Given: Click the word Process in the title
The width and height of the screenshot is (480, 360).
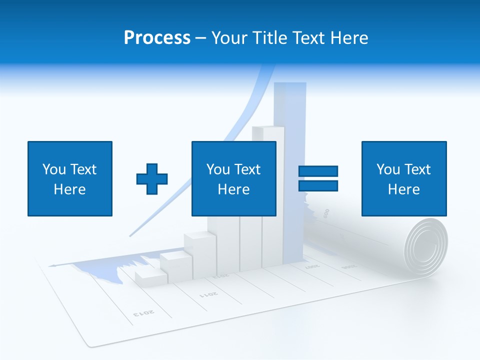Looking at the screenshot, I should [157, 38].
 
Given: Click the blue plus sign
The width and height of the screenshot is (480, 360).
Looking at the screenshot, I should [152, 178].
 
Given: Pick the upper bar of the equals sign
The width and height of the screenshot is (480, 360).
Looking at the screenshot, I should [318, 171].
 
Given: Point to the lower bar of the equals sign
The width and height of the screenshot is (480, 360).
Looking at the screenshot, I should [318, 185].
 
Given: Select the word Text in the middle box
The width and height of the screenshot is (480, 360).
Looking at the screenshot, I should [248, 169].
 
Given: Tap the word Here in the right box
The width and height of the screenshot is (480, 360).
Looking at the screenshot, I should [403, 189].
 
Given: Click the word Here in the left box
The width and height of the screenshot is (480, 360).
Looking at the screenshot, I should [69, 189].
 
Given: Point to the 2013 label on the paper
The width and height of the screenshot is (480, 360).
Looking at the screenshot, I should [144, 313].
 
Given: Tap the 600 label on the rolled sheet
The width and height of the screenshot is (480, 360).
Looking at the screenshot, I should [326, 213].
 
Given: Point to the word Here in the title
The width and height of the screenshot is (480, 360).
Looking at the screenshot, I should [348, 38].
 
